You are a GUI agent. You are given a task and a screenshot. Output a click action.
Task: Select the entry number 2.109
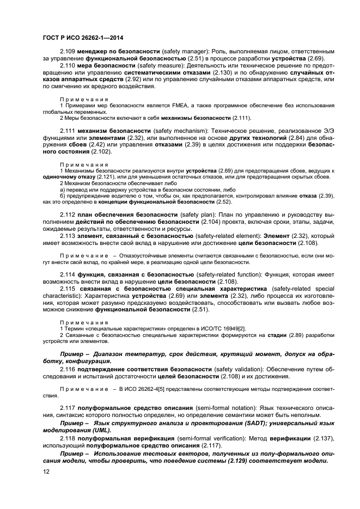(x=68, y=51)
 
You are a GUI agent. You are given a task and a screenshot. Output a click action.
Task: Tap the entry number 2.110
(x=68, y=65)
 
